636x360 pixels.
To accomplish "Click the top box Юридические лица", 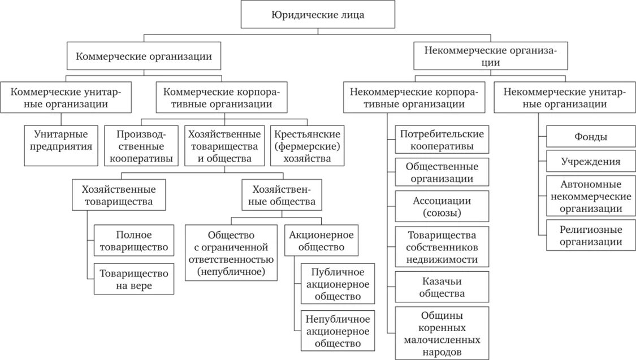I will pos(318,15).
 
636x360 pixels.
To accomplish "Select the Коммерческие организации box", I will pos(144,57).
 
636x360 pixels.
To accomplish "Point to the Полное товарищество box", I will pos(134,240).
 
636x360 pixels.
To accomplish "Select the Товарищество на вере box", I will pos(134,280).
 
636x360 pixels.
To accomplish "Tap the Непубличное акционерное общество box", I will pos(338,331).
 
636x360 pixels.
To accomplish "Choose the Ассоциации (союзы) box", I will pos(442,207).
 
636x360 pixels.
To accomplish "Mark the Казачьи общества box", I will pos(442,287).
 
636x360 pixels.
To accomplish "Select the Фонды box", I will pos(591,137).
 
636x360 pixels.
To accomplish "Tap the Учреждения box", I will pos(591,162).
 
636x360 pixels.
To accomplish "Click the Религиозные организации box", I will pos(591,236).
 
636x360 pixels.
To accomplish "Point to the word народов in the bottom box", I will pos(442,352).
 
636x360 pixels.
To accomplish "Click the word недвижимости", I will pos(442,260).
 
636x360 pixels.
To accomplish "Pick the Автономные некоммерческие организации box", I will pos(591,196).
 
